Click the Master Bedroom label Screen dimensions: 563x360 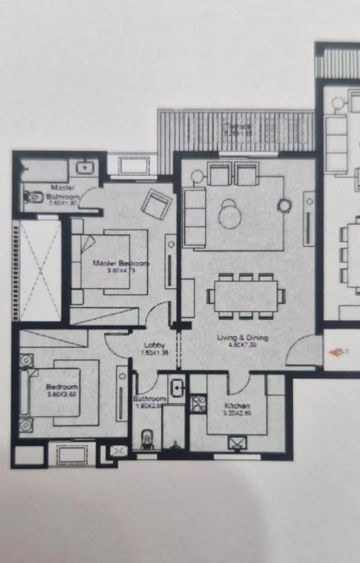coord(121,263)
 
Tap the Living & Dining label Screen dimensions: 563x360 coord(243,338)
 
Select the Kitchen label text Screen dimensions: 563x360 coord(237,406)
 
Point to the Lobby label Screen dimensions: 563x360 coord(154,345)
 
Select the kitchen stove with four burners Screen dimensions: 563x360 coord(198,403)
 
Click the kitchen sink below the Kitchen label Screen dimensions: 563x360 coord(237,442)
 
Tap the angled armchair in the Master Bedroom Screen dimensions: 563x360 coord(157,204)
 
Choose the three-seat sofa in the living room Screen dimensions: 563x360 coord(194,217)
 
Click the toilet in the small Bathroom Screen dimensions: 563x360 coord(146,439)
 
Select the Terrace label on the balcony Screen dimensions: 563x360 coord(237,127)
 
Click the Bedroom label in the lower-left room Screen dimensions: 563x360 coord(62,387)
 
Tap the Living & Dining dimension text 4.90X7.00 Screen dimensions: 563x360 coord(243,345)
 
